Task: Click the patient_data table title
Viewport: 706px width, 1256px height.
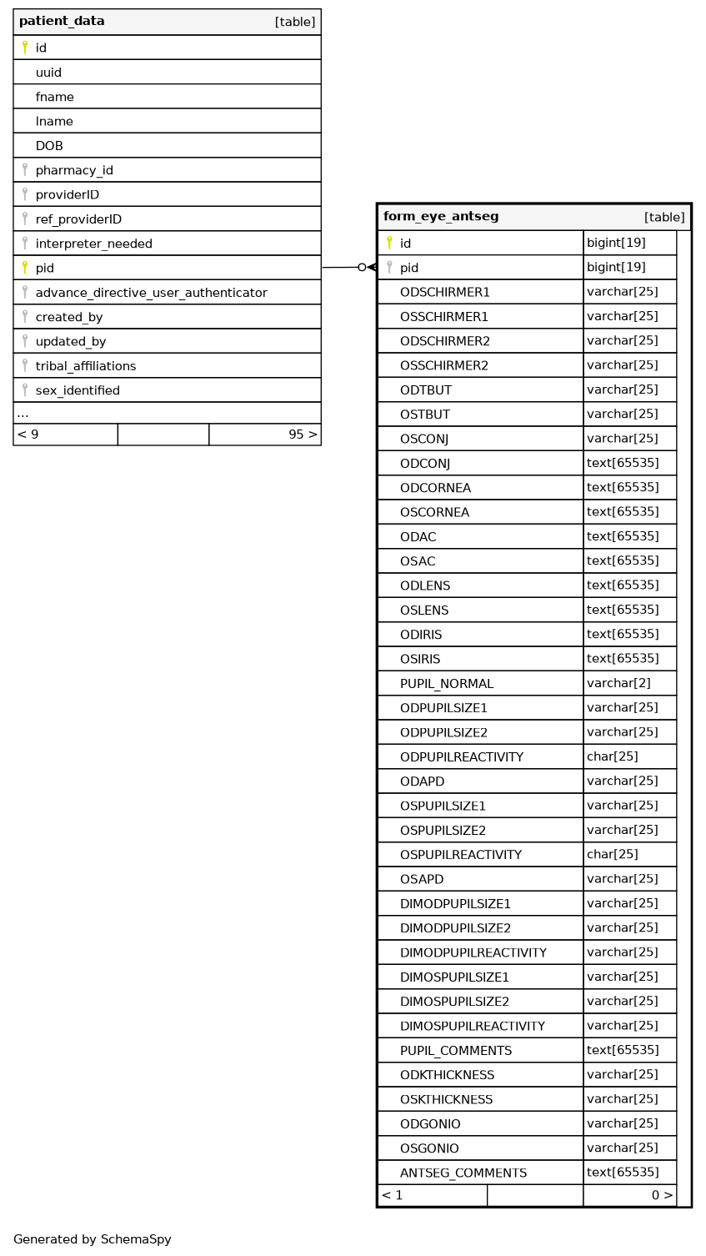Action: click(x=62, y=21)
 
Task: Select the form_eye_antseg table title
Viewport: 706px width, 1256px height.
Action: click(x=441, y=217)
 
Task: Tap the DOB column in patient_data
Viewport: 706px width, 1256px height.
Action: click(x=49, y=146)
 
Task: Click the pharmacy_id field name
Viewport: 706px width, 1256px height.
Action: click(x=74, y=170)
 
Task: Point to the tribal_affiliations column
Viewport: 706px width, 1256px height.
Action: click(x=85, y=366)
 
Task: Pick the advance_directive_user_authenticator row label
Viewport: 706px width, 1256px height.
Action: click(x=151, y=293)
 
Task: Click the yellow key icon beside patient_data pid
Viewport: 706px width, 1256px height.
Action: click(x=25, y=268)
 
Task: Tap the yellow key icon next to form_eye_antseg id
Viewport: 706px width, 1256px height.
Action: click(x=389, y=243)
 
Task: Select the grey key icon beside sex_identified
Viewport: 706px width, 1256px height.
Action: click(x=25, y=389)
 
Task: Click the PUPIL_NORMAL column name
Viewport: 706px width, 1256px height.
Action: click(x=447, y=684)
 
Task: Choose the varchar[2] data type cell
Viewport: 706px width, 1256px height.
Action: click(x=618, y=683)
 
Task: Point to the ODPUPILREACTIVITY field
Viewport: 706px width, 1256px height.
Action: click(x=462, y=757)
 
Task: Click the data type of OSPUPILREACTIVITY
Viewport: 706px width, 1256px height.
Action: click(x=612, y=854)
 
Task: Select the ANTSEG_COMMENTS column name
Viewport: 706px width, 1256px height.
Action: click(x=463, y=1173)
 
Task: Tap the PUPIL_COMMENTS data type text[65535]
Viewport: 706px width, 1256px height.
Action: click(x=623, y=1050)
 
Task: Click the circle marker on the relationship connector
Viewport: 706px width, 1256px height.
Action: click(x=362, y=268)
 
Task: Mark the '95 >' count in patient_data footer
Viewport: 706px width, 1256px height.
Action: click(x=303, y=435)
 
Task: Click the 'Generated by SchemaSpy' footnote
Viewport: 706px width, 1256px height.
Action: click(x=93, y=1239)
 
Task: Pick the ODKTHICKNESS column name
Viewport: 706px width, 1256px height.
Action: click(x=447, y=1075)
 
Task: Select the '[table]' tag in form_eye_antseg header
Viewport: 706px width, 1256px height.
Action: click(x=664, y=218)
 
